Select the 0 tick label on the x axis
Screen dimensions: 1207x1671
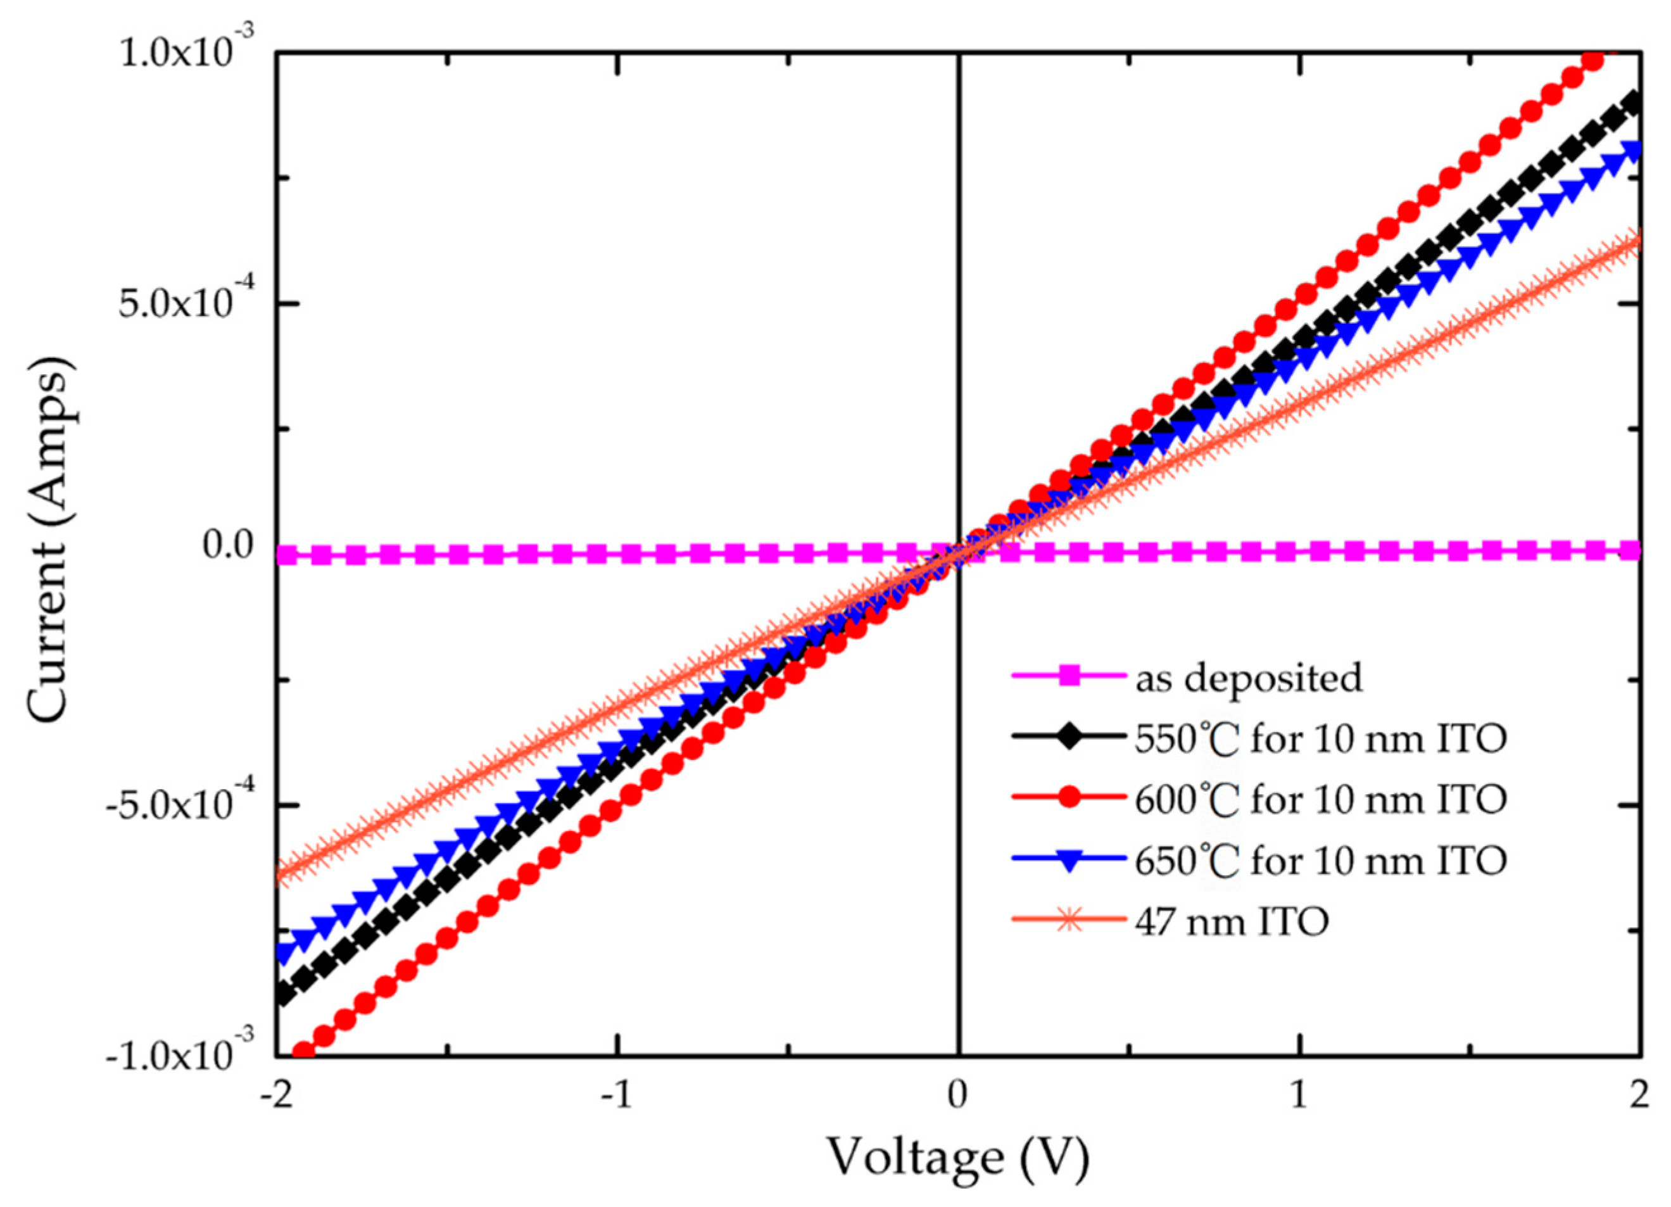tap(958, 1096)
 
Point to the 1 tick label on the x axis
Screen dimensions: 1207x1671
tap(1299, 1096)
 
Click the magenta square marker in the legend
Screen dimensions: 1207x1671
tap(1069, 676)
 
